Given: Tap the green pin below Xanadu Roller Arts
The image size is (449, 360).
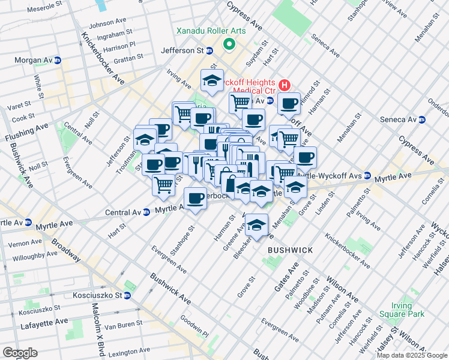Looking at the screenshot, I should pos(229,44).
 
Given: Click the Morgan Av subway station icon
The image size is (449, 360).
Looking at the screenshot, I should pos(57,61).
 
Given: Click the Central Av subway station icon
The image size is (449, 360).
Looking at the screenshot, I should pos(146,212).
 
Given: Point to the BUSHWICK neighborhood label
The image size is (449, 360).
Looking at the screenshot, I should pos(290,249).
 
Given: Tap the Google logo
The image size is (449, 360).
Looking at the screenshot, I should pos(20,352).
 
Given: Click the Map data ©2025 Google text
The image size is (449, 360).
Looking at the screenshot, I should pos(412,355).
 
